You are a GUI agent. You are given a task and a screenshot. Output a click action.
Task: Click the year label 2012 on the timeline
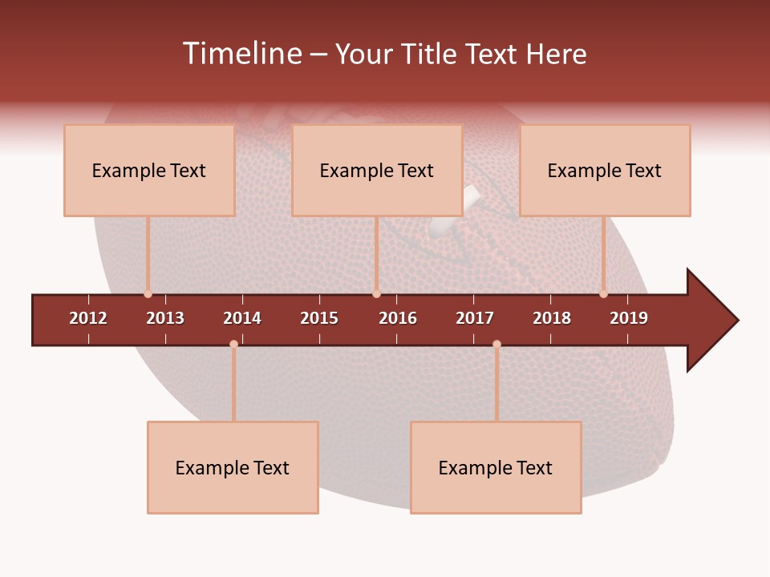tap(88, 318)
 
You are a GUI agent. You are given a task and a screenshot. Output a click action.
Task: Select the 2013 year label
tap(165, 318)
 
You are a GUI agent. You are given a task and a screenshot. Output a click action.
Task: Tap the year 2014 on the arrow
tap(242, 318)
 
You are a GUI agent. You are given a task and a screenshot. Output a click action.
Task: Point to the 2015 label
tap(319, 318)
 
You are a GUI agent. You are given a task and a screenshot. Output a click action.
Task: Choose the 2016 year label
tap(398, 318)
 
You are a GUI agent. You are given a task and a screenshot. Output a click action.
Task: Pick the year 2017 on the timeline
tap(475, 318)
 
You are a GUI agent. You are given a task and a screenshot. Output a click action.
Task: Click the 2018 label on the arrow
tap(552, 318)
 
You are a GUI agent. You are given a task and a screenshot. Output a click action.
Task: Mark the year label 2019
tap(629, 318)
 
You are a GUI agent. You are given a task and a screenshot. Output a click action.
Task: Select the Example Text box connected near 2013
tap(149, 170)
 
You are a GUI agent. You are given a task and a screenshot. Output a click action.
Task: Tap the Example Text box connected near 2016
tap(377, 170)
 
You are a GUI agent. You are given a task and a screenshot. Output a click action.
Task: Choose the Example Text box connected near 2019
tap(605, 170)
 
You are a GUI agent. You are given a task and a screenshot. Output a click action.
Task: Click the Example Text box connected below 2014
tap(233, 467)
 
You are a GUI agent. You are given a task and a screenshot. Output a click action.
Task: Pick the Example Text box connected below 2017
tap(496, 467)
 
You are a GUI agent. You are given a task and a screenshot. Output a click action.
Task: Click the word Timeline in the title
tap(241, 54)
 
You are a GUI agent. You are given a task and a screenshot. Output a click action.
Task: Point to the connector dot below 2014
tap(233, 345)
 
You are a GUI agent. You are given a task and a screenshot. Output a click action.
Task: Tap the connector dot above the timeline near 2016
tap(376, 294)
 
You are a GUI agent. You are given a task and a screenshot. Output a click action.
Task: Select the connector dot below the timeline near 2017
tap(496, 345)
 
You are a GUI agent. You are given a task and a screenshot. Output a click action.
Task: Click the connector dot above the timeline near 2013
tap(148, 294)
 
